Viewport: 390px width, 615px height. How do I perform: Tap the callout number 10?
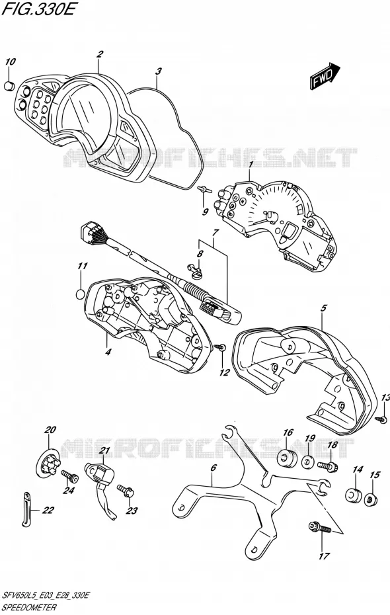click(10, 62)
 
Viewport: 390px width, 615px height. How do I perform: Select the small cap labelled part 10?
click(9, 85)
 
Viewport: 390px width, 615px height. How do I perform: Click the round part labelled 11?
click(80, 294)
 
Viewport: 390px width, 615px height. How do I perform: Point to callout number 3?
click(158, 72)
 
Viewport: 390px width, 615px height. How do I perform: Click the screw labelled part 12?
click(221, 347)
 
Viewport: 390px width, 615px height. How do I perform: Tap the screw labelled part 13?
click(381, 419)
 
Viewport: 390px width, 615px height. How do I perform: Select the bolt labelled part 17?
click(321, 527)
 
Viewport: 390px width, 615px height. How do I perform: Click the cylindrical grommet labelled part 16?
click(288, 458)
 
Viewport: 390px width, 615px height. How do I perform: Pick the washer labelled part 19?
click(307, 462)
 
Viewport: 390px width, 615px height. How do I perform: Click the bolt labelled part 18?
click(328, 467)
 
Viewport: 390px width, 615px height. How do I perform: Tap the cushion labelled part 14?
click(353, 495)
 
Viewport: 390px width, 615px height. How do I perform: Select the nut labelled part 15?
click(370, 499)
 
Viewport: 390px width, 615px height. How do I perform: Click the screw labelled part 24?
click(70, 477)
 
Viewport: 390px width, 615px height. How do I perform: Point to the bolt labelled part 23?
click(126, 490)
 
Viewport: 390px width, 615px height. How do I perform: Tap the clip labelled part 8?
click(195, 272)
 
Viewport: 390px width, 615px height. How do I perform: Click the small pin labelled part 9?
click(205, 190)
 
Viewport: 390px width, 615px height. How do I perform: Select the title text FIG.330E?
click(38, 10)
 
